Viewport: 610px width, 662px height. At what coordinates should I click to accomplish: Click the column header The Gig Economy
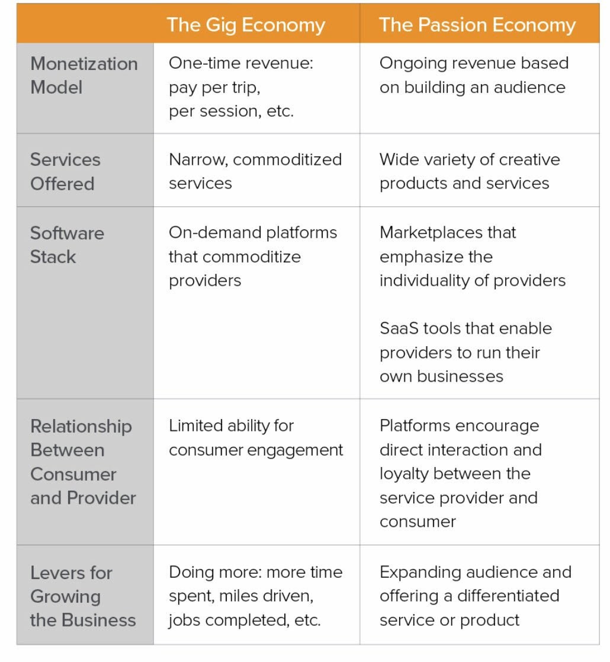point(246,25)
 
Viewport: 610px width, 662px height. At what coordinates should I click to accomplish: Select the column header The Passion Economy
point(477,25)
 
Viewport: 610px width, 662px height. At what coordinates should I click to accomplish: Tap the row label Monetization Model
point(84,75)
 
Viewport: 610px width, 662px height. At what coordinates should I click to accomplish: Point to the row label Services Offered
point(65,171)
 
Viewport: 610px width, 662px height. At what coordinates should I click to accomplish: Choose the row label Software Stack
point(67,245)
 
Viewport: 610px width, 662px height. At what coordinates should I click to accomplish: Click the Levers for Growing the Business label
point(83,596)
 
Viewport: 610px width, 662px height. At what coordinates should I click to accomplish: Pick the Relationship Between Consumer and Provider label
point(83,462)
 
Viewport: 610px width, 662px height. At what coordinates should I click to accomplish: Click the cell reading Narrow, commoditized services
point(255,171)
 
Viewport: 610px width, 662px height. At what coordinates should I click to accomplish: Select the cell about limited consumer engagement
point(256,437)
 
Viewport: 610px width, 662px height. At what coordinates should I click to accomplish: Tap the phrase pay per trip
point(214,88)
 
